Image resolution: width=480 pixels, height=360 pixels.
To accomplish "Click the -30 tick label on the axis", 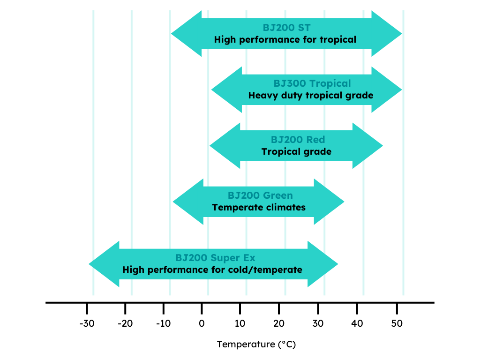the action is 87,323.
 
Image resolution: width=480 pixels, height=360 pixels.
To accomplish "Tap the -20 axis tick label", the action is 125,323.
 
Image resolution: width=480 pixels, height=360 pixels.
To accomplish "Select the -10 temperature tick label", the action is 164,323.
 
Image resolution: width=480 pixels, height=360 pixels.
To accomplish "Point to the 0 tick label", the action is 202,323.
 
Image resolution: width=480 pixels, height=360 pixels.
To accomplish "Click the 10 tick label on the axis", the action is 240,323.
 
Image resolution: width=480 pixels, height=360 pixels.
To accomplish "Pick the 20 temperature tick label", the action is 279,323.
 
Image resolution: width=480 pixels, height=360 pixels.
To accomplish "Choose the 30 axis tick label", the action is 318,323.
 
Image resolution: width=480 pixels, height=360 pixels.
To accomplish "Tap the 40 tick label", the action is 357,323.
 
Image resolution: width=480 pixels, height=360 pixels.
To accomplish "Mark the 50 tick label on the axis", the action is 397,323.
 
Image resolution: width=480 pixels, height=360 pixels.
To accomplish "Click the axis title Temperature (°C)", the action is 256,345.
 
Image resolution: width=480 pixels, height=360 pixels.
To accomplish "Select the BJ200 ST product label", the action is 286,28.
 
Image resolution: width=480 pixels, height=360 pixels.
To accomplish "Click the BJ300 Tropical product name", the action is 312,83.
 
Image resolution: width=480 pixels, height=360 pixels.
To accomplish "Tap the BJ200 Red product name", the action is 298,140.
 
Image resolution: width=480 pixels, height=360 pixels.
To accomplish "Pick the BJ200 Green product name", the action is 260,195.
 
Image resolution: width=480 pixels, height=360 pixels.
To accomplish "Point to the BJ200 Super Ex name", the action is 215,258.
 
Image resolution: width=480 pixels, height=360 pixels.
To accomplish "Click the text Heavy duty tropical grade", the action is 311,96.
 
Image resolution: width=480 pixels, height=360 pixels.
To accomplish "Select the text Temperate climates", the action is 259,208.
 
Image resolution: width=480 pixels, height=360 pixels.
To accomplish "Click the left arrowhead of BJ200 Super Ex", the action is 104,264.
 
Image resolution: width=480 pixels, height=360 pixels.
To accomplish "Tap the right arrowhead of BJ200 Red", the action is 367,146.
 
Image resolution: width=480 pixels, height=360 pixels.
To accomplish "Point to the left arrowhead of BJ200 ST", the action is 186,34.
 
